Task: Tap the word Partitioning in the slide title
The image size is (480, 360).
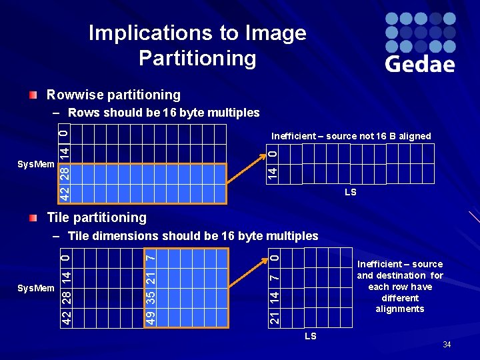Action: tap(197, 59)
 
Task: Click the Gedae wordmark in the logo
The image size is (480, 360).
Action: tap(419, 64)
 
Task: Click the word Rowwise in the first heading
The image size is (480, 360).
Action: tap(75, 95)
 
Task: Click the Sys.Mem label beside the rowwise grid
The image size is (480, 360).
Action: tap(35, 164)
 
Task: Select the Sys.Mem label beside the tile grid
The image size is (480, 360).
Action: tap(35, 287)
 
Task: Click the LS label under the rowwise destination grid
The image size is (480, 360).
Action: tap(350, 193)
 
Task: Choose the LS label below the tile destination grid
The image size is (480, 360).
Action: tap(310, 337)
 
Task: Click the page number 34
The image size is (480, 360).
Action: tap(447, 345)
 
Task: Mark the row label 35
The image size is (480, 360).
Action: tap(151, 295)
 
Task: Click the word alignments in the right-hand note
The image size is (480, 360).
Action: tap(400, 309)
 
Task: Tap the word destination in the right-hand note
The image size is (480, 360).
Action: tap(401, 275)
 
